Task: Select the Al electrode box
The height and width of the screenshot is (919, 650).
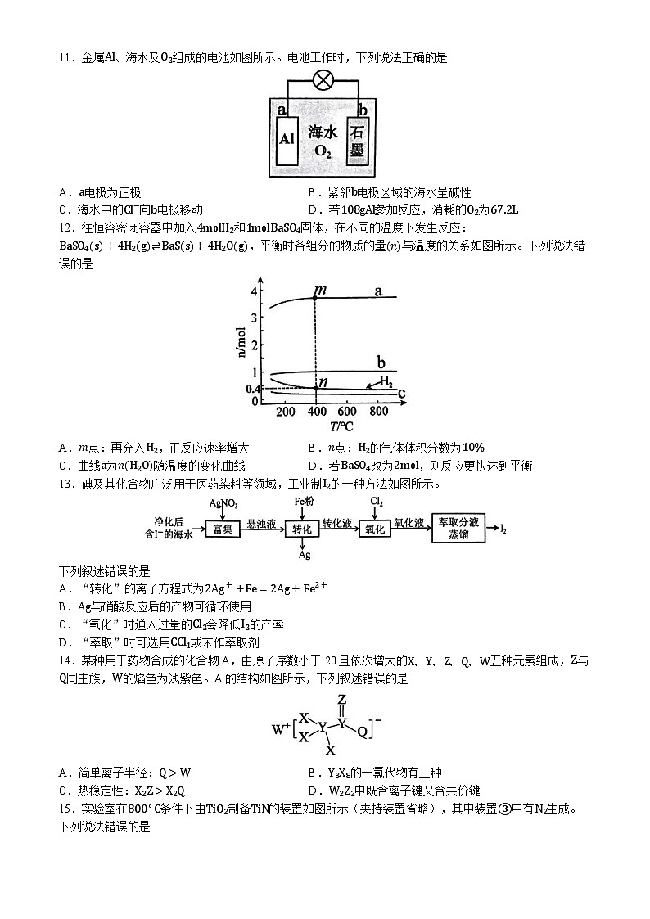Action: point(287,138)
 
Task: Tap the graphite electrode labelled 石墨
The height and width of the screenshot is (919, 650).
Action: point(357,139)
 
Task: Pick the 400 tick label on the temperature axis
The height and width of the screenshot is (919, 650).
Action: point(317,412)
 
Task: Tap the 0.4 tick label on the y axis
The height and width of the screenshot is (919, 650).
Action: point(253,389)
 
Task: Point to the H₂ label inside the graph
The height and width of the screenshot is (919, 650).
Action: point(385,382)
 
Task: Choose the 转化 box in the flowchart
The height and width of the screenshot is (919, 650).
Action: point(302,529)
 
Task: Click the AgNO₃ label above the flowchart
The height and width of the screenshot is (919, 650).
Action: point(223,503)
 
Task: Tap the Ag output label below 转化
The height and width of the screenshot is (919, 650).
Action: point(304,555)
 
